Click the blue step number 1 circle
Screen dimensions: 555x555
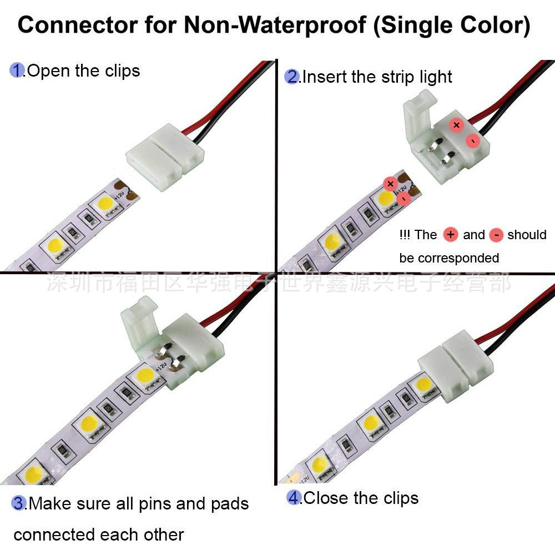pyautogui.click(x=18, y=70)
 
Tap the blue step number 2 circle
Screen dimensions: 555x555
pyautogui.click(x=292, y=77)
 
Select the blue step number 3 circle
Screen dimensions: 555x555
pyautogui.click(x=19, y=503)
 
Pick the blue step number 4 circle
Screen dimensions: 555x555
pyautogui.click(x=294, y=497)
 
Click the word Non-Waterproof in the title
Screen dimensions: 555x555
pyautogui.click(x=275, y=26)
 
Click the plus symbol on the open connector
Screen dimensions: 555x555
pyautogui.click(x=456, y=125)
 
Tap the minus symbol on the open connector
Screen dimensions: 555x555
pyautogui.click(x=472, y=141)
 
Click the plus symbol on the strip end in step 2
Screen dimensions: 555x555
pyautogui.click(x=390, y=184)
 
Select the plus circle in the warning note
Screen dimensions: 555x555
pyautogui.click(x=451, y=235)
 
